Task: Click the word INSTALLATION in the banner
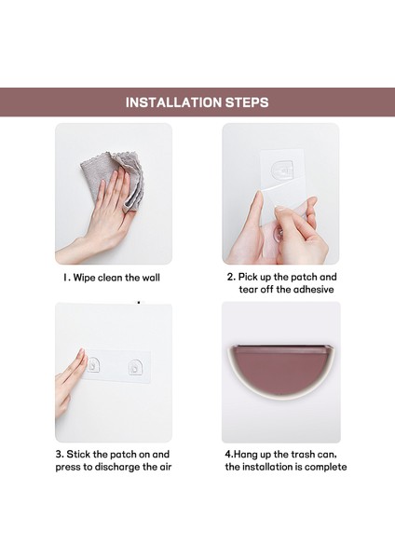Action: coord(173,102)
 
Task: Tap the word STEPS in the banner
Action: coord(247,102)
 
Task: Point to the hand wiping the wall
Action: coord(96,217)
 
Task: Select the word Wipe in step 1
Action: coord(85,278)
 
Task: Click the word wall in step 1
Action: coord(151,278)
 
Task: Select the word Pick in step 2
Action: coord(248,277)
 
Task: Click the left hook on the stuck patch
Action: coord(94,364)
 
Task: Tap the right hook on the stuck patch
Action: coord(135,366)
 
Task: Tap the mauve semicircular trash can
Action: coord(281,372)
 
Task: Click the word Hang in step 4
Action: coord(246,455)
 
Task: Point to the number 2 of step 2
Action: coord(231,277)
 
